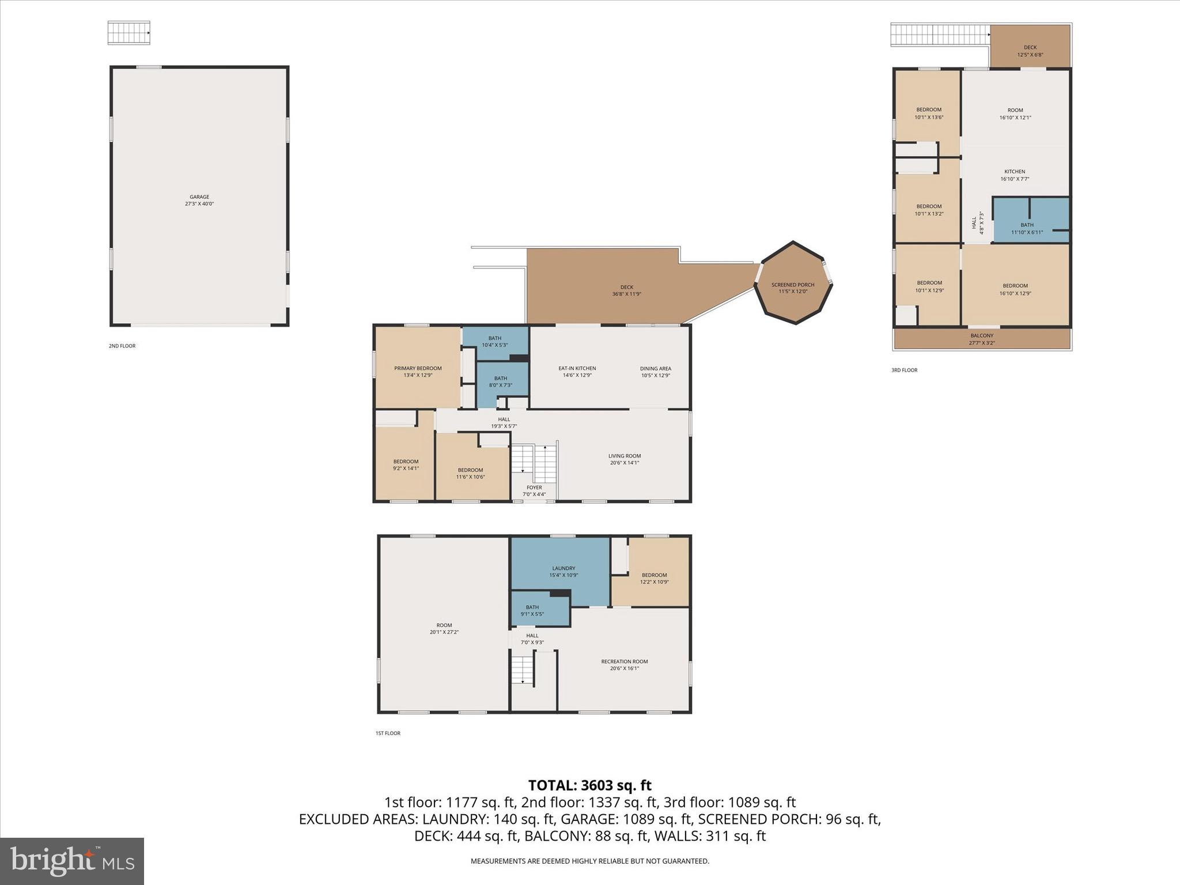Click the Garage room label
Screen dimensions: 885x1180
pyautogui.click(x=199, y=197)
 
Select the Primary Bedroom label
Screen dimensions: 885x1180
pyautogui.click(x=418, y=368)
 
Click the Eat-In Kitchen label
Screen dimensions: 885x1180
pyautogui.click(x=577, y=368)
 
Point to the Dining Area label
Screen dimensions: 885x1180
pyautogui.click(x=655, y=368)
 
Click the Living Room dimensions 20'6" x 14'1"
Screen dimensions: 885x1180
pyautogui.click(x=624, y=463)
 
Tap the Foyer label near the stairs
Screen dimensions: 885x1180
pyautogui.click(x=534, y=487)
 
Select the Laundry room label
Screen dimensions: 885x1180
pyautogui.click(x=563, y=568)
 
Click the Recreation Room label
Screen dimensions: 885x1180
pyautogui.click(x=624, y=661)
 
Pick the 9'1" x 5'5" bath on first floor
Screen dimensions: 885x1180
pyautogui.click(x=532, y=611)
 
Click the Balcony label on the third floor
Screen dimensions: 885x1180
pyautogui.click(x=981, y=335)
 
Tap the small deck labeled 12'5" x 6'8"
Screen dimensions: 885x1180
pyautogui.click(x=1030, y=51)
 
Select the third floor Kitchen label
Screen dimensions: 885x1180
pyautogui.click(x=1014, y=172)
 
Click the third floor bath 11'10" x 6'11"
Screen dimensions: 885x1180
pyautogui.click(x=1027, y=229)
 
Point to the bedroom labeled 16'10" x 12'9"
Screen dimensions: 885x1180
pyautogui.click(x=1015, y=289)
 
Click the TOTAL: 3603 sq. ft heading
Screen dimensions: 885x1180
pyautogui.click(x=589, y=785)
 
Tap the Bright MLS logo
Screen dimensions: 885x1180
pyautogui.click(x=72, y=861)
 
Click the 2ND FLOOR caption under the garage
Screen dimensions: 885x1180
pyautogui.click(x=122, y=346)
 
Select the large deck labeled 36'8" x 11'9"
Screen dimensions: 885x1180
pyautogui.click(x=626, y=290)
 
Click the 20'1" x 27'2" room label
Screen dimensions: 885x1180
pyautogui.click(x=444, y=629)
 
